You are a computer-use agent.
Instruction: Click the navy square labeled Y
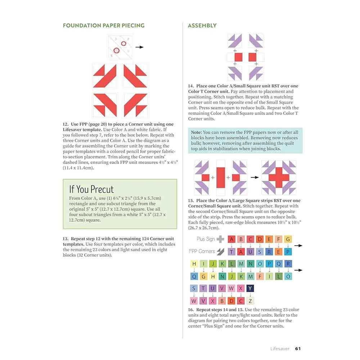(x=251, y=288)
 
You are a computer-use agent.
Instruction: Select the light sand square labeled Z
(x=251, y=301)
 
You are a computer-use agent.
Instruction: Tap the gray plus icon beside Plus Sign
(x=220, y=239)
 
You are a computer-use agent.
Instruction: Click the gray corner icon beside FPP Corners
(x=220, y=251)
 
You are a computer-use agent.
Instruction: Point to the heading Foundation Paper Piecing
(x=104, y=26)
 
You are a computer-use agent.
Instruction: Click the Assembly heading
(x=202, y=26)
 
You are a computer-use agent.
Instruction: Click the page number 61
(x=298, y=348)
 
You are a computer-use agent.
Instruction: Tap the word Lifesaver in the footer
(x=281, y=348)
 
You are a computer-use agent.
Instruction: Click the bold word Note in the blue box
(x=196, y=132)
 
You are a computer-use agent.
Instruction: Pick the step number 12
(x=66, y=124)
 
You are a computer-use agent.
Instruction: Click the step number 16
(x=191, y=310)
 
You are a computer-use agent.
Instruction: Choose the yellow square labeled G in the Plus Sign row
(x=288, y=239)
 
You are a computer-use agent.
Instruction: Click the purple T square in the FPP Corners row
(x=232, y=252)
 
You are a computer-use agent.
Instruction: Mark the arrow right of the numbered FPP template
(x=140, y=47)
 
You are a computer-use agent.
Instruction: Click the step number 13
(x=66, y=239)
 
